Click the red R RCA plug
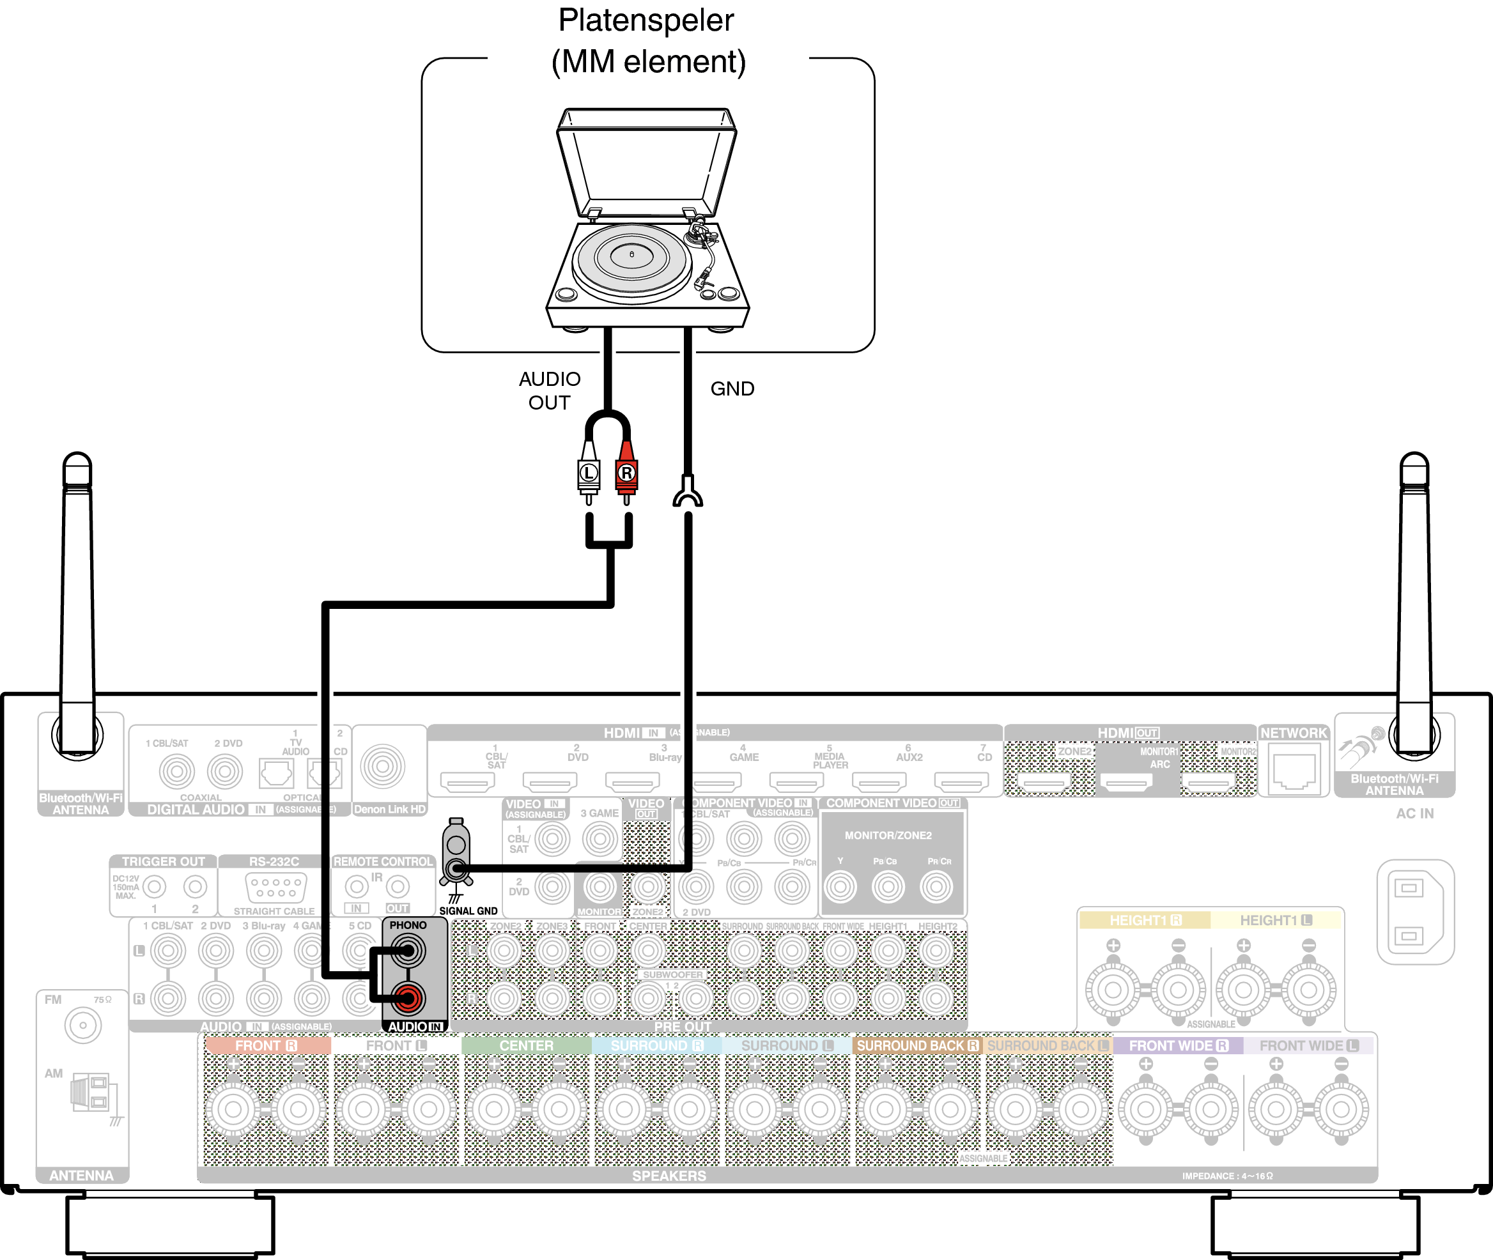626,472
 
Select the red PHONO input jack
408,998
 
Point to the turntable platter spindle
631,254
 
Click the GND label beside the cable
732,388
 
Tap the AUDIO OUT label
550,390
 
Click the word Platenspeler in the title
646,20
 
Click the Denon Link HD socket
383,767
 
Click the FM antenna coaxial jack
83,1026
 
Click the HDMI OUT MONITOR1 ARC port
1126,783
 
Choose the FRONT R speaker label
266,1046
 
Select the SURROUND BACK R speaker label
917,1046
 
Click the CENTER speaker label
526,1046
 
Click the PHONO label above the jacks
408,925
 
